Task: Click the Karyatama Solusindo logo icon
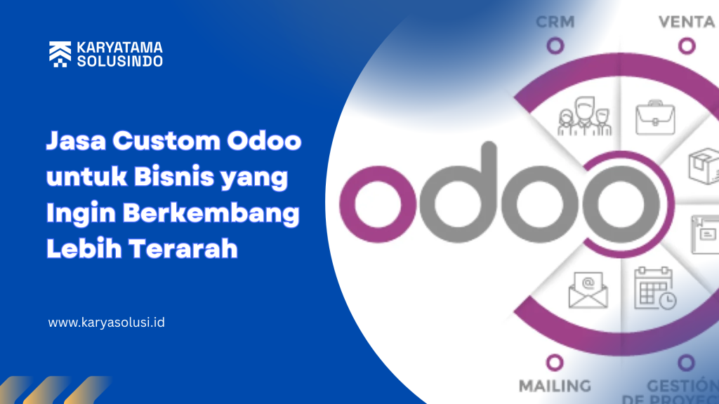click(x=58, y=54)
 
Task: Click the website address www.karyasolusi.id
click(x=107, y=323)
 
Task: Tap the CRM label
click(x=555, y=22)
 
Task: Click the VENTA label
click(x=686, y=22)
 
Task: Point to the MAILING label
click(x=555, y=385)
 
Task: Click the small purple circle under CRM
click(x=555, y=46)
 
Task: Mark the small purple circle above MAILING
click(x=555, y=361)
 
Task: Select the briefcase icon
click(x=654, y=117)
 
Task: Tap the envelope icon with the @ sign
click(x=588, y=289)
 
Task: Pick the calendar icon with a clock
click(x=654, y=288)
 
